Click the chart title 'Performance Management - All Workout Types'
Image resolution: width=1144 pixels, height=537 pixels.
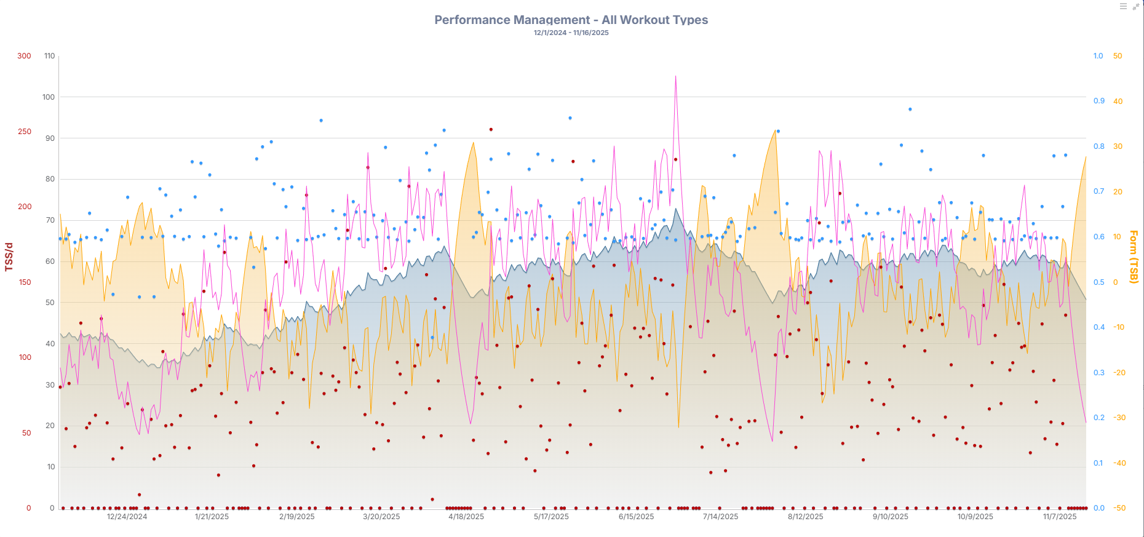coord(571,20)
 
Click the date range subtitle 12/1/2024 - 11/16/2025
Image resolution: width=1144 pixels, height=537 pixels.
coord(571,33)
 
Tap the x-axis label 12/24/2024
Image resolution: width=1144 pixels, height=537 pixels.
coord(127,517)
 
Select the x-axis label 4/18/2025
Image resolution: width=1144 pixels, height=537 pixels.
coord(466,517)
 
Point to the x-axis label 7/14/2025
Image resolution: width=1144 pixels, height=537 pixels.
coord(720,517)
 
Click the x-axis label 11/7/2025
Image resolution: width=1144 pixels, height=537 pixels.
coord(1060,517)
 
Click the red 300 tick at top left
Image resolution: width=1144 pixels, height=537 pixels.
coord(24,56)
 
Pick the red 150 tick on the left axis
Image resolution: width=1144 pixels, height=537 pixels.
coord(25,282)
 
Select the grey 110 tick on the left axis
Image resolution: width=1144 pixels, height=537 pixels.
coord(49,56)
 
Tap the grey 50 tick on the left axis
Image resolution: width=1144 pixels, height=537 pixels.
coord(50,303)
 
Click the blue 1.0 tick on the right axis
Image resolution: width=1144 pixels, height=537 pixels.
coord(1098,56)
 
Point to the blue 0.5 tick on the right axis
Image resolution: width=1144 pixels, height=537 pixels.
coord(1098,282)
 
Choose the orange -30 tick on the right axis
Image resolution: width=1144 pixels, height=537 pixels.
coord(1119,418)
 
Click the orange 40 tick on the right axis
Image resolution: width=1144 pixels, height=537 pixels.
coord(1118,101)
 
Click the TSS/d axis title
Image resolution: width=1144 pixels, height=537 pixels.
coord(9,257)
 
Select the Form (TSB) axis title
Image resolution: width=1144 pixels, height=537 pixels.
coord(1134,257)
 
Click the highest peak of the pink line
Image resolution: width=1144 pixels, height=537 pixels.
coord(675,76)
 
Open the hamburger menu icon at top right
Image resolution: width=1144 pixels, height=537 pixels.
coord(1123,7)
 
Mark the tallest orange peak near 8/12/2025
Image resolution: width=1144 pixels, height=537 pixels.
coord(775,130)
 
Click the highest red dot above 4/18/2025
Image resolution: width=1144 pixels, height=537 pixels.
coord(491,130)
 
